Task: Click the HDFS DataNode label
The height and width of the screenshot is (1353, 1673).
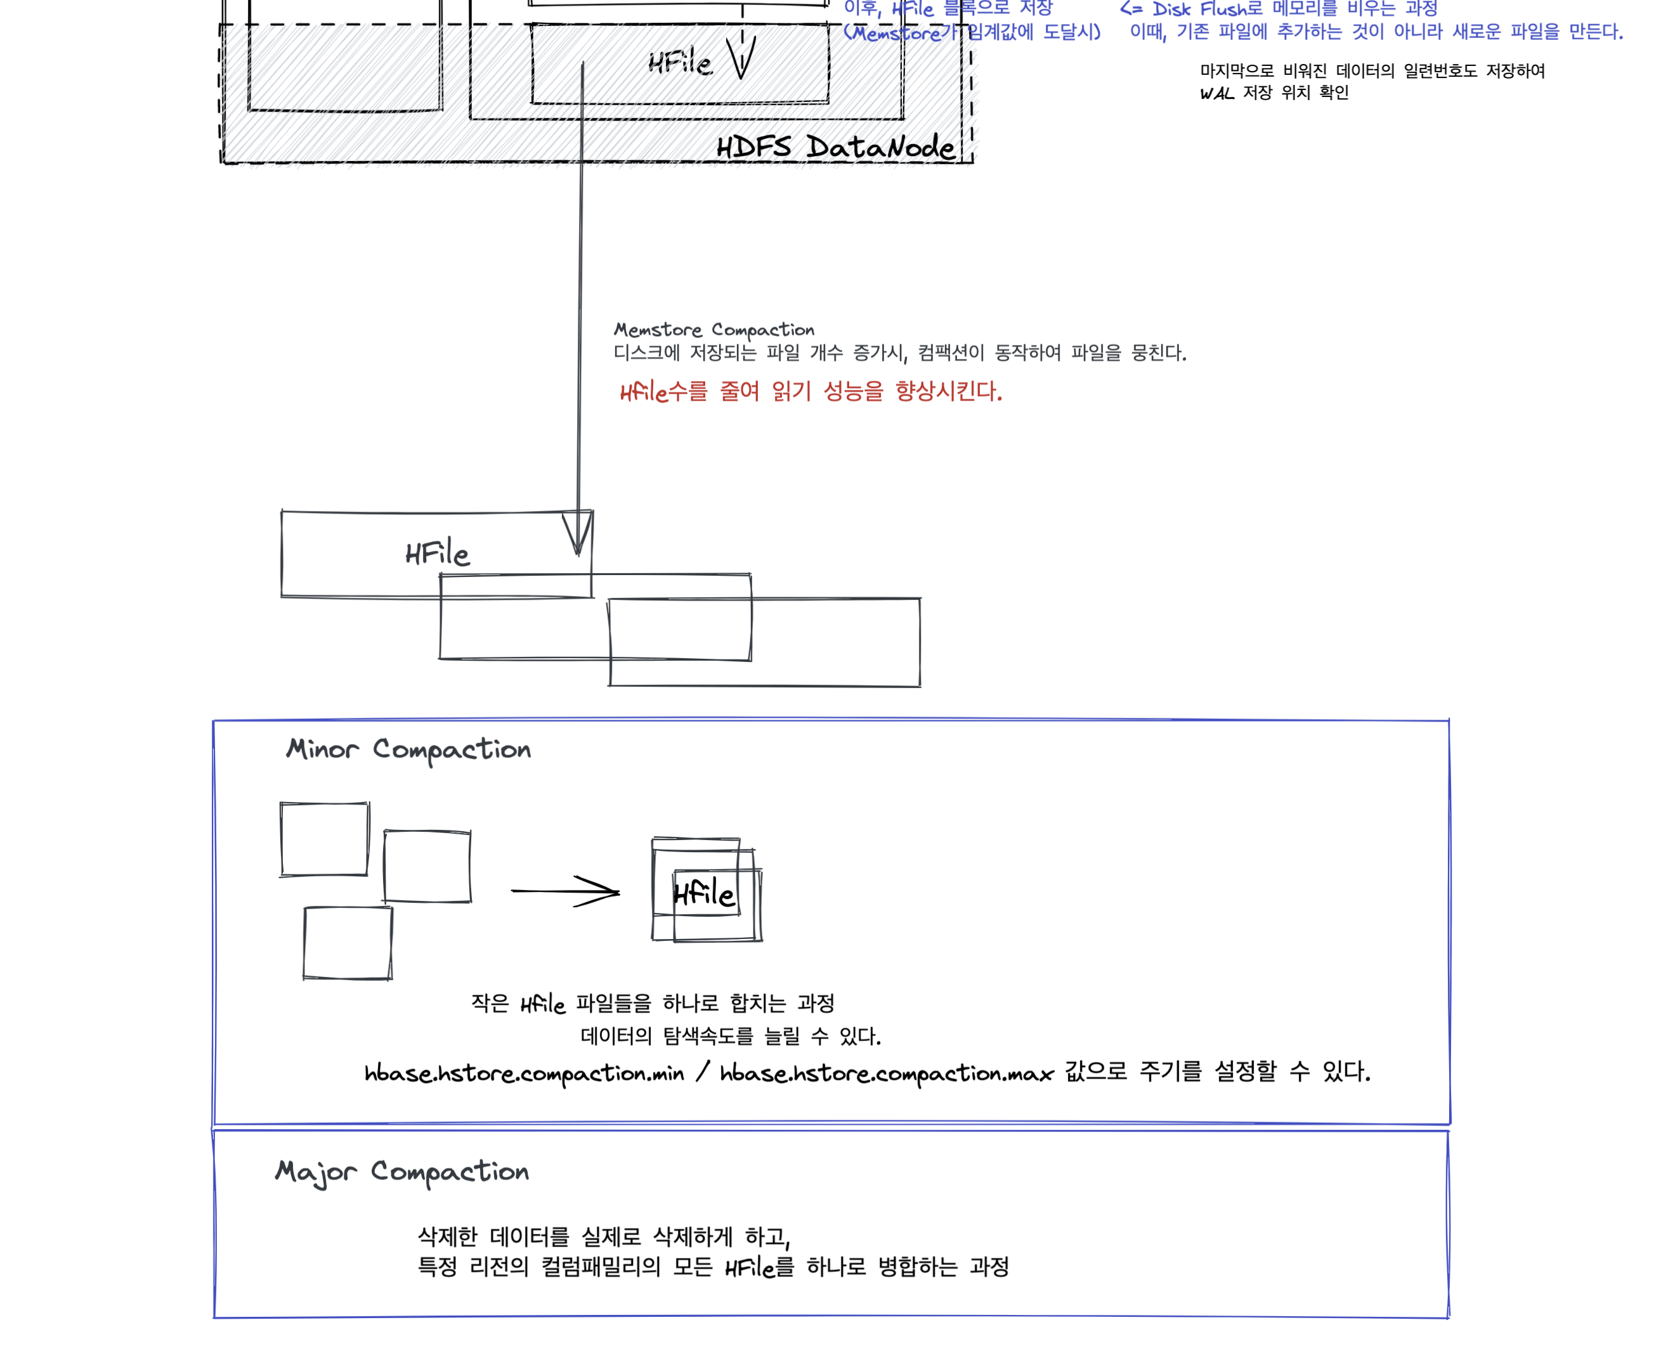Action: [x=835, y=146]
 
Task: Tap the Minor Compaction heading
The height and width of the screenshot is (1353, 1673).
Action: [x=408, y=750]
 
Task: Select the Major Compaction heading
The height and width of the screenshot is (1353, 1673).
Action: [x=402, y=1172]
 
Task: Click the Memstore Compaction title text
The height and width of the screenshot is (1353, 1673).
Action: [x=713, y=330]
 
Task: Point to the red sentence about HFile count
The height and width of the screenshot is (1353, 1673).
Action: [x=810, y=391]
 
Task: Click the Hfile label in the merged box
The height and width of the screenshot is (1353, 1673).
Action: [x=703, y=893]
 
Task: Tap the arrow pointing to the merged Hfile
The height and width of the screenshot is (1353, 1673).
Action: [x=565, y=891]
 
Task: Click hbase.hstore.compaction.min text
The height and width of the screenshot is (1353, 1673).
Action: [x=524, y=1073]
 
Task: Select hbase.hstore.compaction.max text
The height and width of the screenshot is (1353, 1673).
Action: [x=887, y=1073]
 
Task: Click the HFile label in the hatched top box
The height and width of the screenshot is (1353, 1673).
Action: [x=680, y=62]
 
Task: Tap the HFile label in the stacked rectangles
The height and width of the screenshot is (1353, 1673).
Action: [x=438, y=554]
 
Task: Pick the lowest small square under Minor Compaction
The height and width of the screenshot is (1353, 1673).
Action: [x=348, y=942]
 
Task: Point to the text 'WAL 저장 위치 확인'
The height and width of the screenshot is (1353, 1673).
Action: [x=1274, y=93]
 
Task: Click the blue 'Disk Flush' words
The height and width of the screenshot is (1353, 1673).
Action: [x=1199, y=10]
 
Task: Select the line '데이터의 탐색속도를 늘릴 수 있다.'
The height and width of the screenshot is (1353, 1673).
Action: [x=731, y=1036]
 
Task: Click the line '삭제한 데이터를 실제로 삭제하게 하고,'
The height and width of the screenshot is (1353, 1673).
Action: [x=604, y=1237]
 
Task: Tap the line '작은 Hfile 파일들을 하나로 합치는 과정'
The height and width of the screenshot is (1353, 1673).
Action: [x=653, y=1003]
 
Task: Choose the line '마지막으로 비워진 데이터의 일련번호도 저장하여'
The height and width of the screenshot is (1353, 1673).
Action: [x=1372, y=71]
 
